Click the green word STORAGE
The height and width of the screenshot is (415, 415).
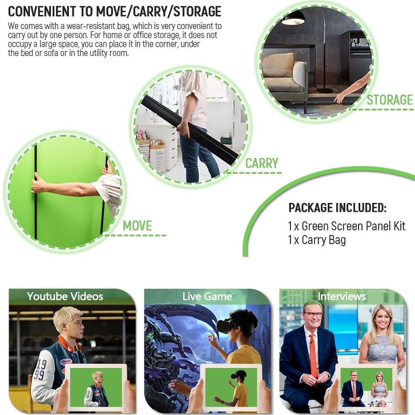[390, 100]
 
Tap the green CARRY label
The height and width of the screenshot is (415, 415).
[262, 163]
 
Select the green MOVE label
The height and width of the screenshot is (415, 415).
[137, 226]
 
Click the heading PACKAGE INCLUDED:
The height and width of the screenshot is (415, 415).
[337, 207]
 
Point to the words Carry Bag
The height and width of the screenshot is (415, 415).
[324, 240]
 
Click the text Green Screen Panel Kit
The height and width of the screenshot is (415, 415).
[353, 226]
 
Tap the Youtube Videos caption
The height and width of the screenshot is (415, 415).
[65, 296]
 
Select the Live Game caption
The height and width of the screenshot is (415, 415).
[207, 296]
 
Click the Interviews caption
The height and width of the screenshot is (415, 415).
[342, 296]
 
